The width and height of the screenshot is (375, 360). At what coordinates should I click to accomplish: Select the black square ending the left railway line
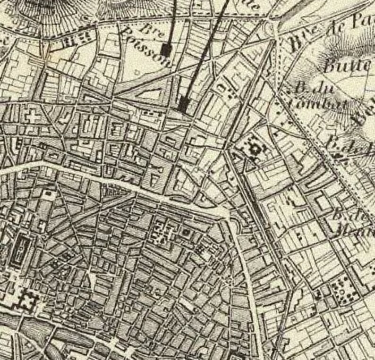(x=165, y=50)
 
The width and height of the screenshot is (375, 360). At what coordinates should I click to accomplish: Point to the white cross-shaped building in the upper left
(x=32, y=116)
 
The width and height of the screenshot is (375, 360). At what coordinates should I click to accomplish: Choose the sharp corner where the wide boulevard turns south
(x=229, y=215)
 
